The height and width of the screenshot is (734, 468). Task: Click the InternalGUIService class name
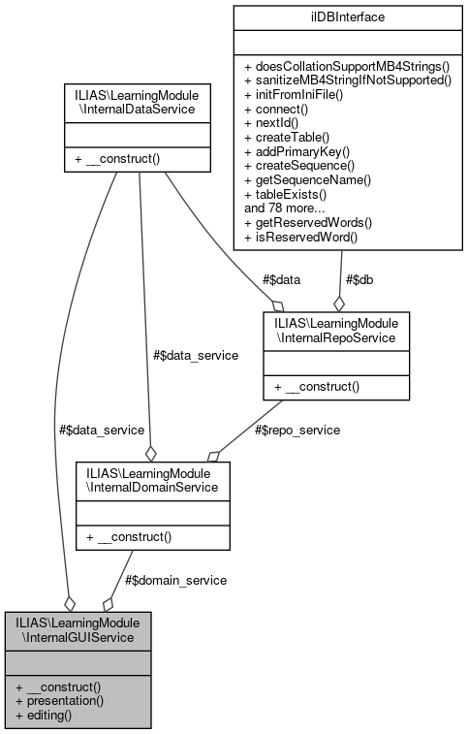[x=77, y=628]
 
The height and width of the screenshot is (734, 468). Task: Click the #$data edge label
[x=282, y=279]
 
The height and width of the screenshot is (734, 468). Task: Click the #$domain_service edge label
[x=175, y=580]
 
